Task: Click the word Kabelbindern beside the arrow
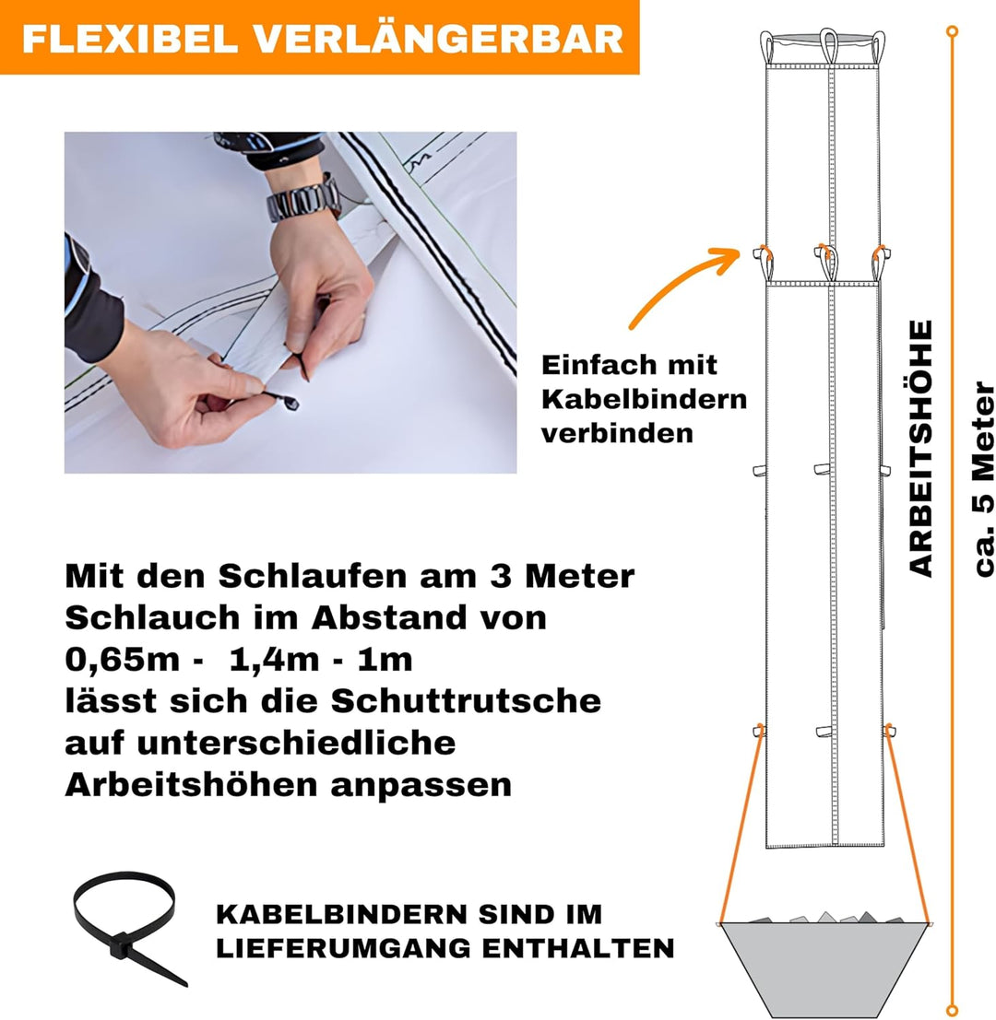click(643, 399)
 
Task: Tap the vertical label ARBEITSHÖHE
click(921, 448)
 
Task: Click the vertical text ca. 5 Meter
click(984, 478)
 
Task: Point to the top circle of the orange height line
click(952, 32)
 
